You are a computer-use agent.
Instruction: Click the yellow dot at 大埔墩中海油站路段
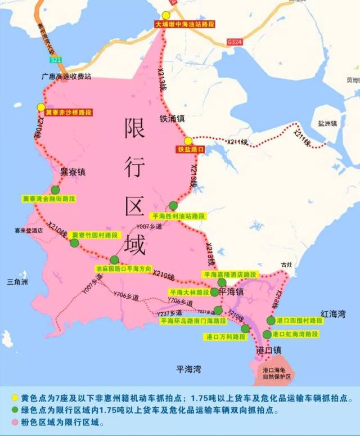point(166,16)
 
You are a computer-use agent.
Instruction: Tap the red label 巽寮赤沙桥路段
point(69,113)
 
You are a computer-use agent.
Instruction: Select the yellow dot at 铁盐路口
point(188,141)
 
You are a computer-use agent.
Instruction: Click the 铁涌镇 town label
point(172,119)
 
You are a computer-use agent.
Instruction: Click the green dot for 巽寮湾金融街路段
point(55,190)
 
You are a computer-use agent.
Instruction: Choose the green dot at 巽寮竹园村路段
point(74,243)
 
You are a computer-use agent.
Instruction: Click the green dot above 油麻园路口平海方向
point(115,260)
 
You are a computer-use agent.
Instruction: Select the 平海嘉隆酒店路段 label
point(229,275)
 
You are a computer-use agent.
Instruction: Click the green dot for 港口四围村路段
point(271,321)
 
